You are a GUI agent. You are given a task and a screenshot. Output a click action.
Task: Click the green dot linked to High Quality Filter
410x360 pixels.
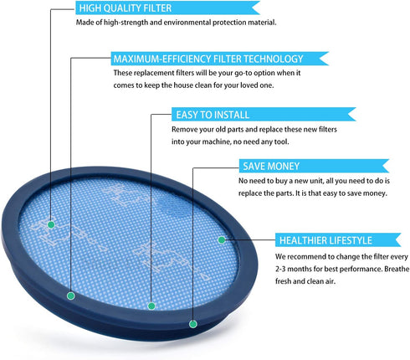(x=51, y=224)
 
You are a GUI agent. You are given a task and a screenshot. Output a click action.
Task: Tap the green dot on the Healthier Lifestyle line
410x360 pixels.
(x=222, y=239)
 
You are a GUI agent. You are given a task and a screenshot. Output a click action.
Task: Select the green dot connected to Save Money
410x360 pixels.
(x=193, y=324)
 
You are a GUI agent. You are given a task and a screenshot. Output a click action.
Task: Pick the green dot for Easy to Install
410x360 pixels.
(x=151, y=306)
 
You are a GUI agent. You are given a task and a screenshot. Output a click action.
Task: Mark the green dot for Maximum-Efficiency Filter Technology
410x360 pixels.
(x=71, y=296)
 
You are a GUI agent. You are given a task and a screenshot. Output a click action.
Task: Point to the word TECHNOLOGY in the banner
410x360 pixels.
(x=274, y=59)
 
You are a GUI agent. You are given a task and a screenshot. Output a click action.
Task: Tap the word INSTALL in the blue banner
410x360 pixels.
(x=231, y=115)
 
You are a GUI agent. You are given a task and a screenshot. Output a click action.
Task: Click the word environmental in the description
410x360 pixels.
(x=187, y=23)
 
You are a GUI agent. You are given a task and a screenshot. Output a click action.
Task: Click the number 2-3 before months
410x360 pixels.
(x=280, y=269)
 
